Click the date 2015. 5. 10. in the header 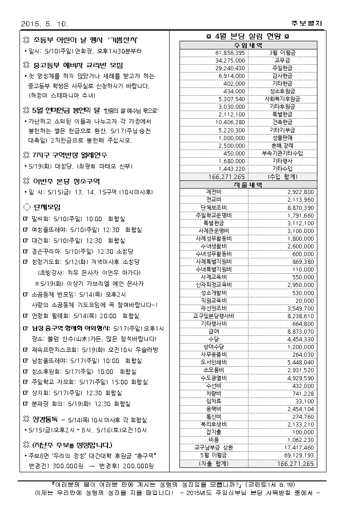(44, 23)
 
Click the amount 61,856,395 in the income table (230, 53)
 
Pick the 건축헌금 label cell (282, 122)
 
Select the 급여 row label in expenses (214, 331)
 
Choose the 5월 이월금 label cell (214, 455)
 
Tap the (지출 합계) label (214, 463)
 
